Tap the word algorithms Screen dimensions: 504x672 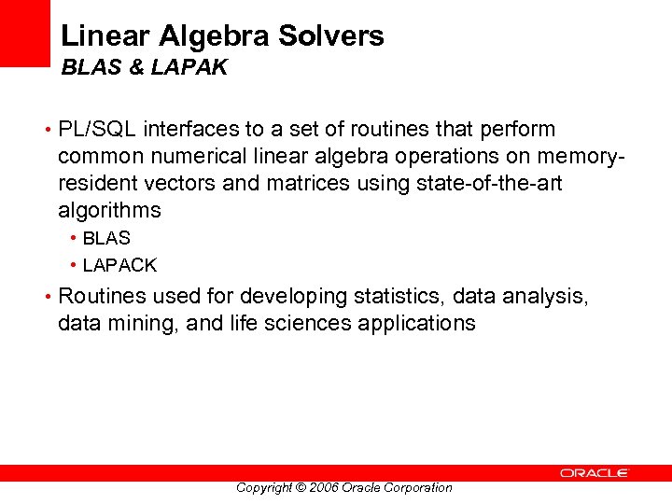coord(109,210)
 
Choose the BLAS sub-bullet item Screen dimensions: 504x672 coord(106,239)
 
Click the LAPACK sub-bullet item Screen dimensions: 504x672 coord(119,265)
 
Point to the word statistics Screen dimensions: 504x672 coord(398,297)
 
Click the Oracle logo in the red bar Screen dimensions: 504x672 coord(595,473)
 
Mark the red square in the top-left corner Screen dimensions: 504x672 coord(24,33)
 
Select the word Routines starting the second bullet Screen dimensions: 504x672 coord(103,297)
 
